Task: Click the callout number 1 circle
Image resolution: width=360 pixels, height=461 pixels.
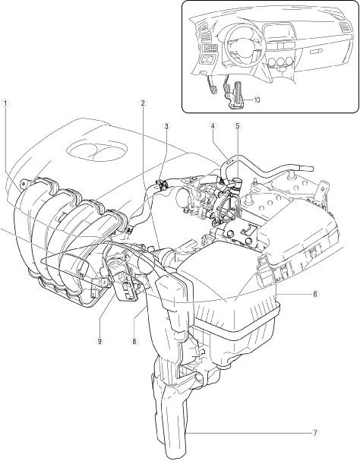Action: click(5, 103)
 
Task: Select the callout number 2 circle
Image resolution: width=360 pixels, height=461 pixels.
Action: click(144, 103)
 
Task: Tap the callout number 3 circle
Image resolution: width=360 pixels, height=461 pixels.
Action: click(167, 126)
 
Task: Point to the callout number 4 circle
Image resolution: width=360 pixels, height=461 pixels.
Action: click(213, 126)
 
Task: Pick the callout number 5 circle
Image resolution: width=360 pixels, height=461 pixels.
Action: click(238, 126)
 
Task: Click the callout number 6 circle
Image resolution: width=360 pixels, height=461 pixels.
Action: click(315, 294)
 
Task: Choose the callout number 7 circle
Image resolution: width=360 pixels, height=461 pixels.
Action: click(315, 433)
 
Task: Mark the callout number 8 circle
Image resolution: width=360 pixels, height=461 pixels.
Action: click(134, 341)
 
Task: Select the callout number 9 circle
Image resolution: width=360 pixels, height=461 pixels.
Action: click(99, 341)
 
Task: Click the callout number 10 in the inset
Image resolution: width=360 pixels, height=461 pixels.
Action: click(257, 100)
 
